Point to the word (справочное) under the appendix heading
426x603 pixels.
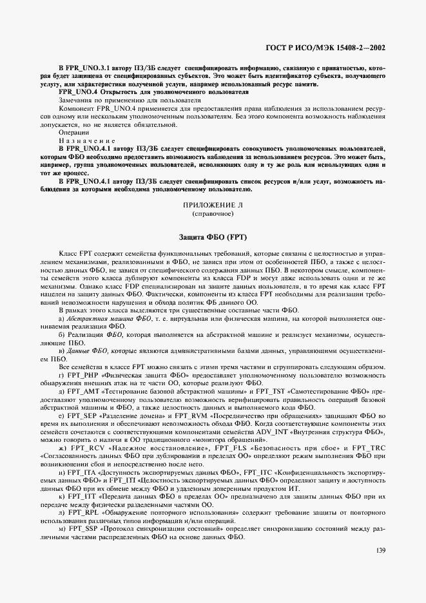[212, 212]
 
